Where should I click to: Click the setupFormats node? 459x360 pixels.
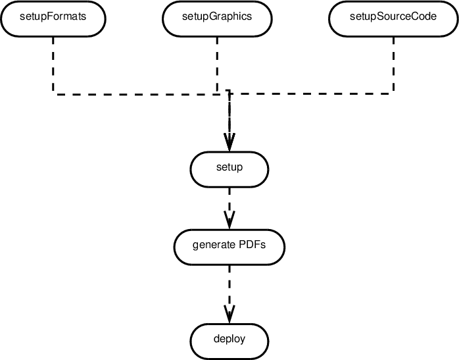tap(53, 18)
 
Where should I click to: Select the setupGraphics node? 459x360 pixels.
tap(216, 18)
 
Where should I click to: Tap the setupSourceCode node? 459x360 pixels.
tap(393, 18)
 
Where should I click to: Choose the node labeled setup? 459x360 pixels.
tap(229, 168)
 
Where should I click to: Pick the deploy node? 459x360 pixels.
tap(229, 340)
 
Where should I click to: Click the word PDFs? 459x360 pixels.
tap(253, 245)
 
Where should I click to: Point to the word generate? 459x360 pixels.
tap(214, 245)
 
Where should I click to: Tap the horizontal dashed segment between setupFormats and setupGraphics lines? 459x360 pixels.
tap(135, 94)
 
